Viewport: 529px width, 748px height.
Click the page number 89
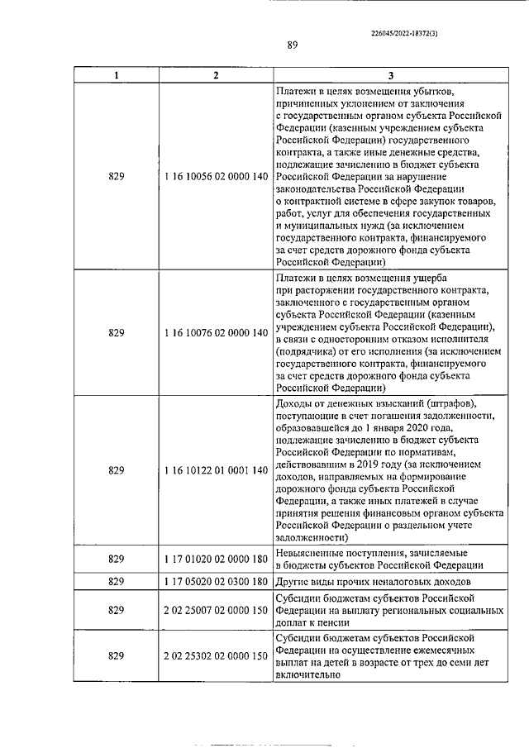point(293,45)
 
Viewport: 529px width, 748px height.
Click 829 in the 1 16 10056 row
point(117,176)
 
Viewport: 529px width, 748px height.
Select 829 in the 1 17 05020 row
point(117,581)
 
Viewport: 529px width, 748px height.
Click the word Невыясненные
point(310,553)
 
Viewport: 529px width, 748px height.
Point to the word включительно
point(307,674)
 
